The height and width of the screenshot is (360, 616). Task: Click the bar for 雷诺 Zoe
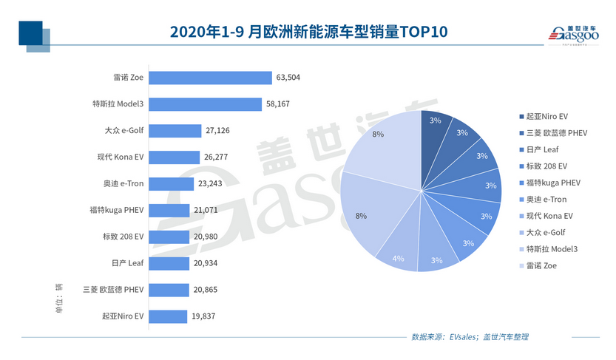[211, 78]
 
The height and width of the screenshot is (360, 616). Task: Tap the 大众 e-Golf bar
[175, 131]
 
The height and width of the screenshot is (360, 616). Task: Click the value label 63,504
[288, 78]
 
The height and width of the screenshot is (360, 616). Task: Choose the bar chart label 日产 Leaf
[126, 263]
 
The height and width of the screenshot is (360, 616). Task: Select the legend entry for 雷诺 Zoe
[542, 265]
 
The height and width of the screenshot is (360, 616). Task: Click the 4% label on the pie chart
[397, 258]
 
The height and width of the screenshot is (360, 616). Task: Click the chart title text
[308, 33]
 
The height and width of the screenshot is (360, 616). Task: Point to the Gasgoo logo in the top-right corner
[573, 33]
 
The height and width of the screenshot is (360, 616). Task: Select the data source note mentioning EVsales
[470, 337]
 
